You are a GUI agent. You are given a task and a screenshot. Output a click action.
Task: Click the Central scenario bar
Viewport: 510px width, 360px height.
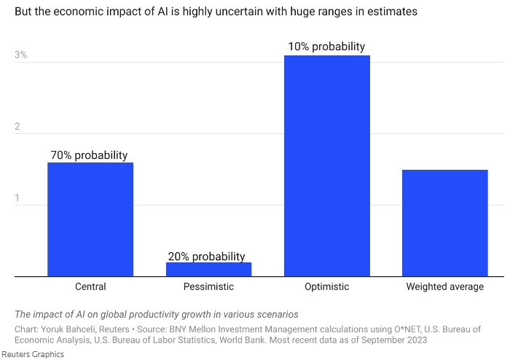click(x=90, y=219)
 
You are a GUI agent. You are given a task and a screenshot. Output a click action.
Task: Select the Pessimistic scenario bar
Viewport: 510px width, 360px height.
click(x=208, y=269)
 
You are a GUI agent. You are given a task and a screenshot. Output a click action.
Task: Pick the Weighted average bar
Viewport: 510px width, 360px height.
click(x=444, y=223)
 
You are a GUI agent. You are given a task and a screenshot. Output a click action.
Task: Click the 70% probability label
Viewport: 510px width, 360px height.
click(x=89, y=155)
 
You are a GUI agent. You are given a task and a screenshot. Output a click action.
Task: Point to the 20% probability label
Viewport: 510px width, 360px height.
click(x=207, y=256)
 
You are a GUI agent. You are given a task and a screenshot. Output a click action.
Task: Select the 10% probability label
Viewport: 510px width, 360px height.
click(x=326, y=47)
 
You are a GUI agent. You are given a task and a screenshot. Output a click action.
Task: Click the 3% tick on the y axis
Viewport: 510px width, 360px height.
click(x=21, y=55)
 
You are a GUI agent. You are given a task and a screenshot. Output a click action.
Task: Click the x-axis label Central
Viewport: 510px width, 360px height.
click(x=90, y=286)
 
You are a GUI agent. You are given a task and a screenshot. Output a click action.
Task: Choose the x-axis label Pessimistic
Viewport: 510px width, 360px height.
click(x=208, y=286)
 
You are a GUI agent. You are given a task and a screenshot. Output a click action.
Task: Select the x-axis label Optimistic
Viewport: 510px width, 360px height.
click(x=326, y=286)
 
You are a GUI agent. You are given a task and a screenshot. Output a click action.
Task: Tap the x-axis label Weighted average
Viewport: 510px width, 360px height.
click(x=444, y=286)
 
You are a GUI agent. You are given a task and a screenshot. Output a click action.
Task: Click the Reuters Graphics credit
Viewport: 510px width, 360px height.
click(x=32, y=354)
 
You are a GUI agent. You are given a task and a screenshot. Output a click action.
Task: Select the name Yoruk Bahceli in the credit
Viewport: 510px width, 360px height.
click(x=68, y=329)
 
